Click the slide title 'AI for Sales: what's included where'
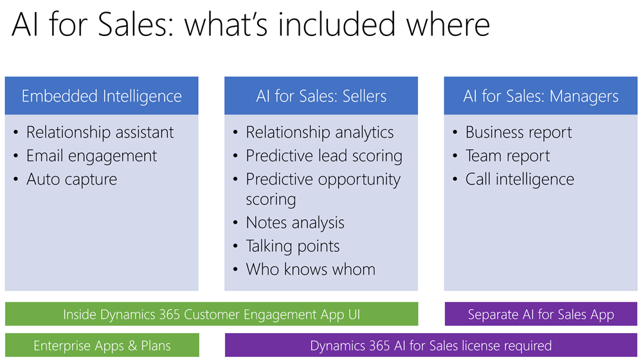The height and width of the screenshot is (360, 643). [x=251, y=24]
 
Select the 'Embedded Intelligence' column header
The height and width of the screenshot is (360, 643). [x=102, y=96]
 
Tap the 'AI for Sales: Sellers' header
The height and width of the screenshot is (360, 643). [x=321, y=96]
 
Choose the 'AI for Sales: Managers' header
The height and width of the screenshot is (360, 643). [x=541, y=96]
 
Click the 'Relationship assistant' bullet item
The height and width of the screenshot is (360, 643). [x=100, y=132]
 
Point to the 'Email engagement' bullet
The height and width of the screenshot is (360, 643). [x=91, y=156]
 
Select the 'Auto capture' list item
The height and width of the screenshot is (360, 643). [x=72, y=179]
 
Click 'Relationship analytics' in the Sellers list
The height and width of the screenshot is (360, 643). [x=320, y=132]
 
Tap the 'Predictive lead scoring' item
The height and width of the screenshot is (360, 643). [x=324, y=156]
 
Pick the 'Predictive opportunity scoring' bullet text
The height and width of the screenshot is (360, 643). [x=323, y=189]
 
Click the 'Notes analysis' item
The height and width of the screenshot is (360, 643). [x=295, y=222]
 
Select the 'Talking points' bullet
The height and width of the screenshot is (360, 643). [x=293, y=246]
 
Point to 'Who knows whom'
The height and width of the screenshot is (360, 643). [x=311, y=269]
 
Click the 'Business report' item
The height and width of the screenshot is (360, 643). [x=519, y=132]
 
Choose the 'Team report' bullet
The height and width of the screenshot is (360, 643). [x=508, y=156]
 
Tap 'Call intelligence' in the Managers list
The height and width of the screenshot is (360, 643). [x=520, y=179]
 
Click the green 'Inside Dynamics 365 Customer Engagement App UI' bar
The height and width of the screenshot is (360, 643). [x=212, y=314]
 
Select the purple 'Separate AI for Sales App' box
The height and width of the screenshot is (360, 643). [x=541, y=314]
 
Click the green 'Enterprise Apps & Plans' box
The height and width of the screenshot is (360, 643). [x=102, y=345]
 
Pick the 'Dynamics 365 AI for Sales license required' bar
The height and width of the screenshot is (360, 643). [x=431, y=345]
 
